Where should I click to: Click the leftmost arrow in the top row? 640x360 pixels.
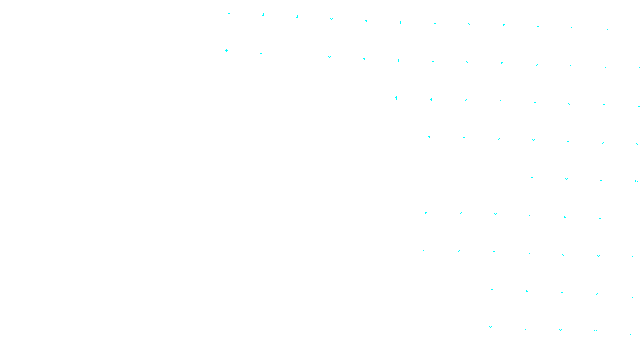click(x=229, y=13)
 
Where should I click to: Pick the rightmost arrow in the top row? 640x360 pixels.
click(x=606, y=29)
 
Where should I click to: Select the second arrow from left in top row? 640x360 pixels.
click(x=263, y=15)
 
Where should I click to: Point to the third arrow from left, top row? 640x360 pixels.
click(x=297, y=17)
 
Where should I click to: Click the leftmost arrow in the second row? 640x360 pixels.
click(x=226, y=51)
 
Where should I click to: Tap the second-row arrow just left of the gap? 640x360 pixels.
click(x=261, y=53)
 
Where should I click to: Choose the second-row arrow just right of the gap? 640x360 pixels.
click(x=330, y=57)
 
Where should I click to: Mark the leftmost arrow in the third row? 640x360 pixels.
click(x=396, y=98)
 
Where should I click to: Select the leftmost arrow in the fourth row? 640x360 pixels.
click(x=429, y=137)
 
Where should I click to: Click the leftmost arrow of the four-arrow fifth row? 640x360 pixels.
click(x=532, y=178)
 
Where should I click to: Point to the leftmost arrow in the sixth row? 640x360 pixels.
click(x=426, y=213)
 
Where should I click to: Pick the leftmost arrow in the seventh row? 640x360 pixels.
click(x=424, y=250)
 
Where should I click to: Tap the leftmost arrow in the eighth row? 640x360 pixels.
click(x=492, y=289)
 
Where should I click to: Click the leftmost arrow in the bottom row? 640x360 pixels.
click(x=490, y=327)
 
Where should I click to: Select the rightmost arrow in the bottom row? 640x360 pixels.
click(x=631, y=334)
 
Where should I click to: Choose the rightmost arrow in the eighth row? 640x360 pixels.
click(x=632, y=296)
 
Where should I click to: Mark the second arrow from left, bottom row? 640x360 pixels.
click(x=525, y=329)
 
